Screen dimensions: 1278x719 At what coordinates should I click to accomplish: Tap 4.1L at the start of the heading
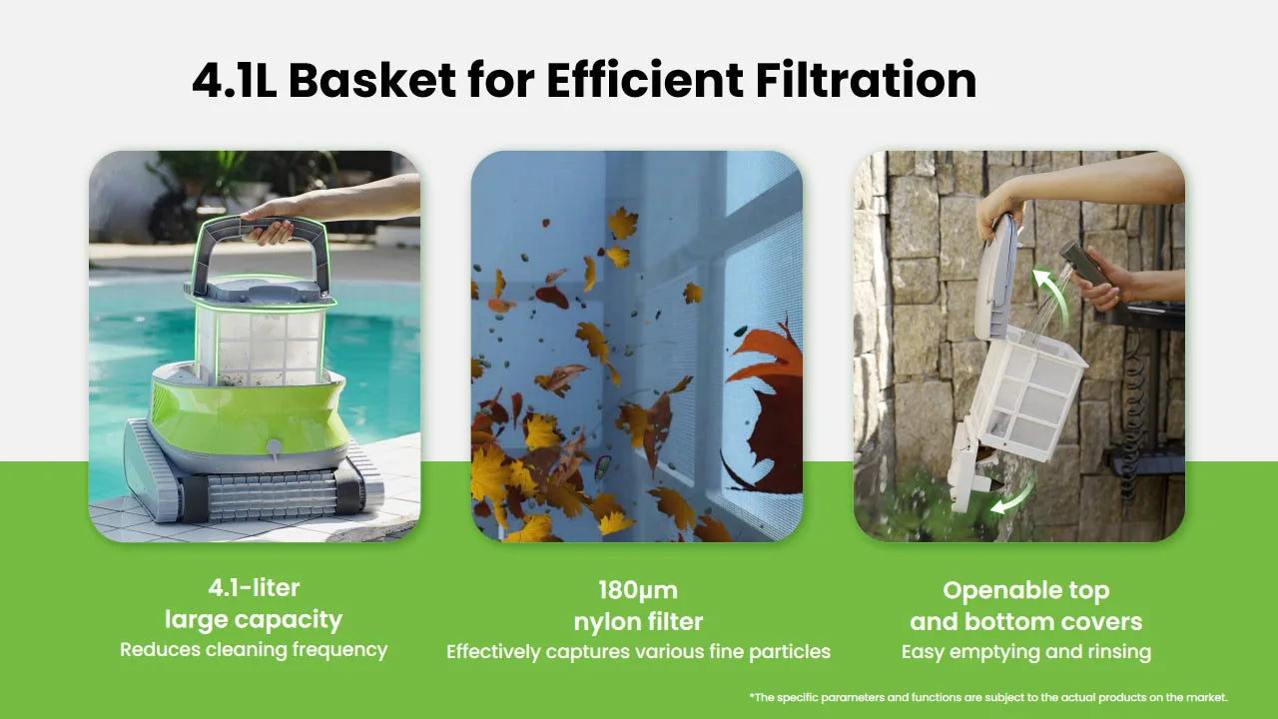(x=235, y=80)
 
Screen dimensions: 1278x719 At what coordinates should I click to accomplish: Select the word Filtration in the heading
(x=866, y=80)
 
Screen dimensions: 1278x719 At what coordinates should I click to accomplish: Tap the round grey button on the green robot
(x=274, y=446)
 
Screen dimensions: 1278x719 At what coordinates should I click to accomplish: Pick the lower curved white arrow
(x=1013, y=497)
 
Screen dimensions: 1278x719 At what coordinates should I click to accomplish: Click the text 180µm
(x=638, y=590)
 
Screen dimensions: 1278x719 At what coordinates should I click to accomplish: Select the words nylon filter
(x=638, y=622)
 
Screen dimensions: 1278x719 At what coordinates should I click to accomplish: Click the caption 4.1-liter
(x=254, y=588)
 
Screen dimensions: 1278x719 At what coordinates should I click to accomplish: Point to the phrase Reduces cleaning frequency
(x=254, y=650)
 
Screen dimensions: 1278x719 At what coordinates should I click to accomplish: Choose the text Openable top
(x=1025, y=590)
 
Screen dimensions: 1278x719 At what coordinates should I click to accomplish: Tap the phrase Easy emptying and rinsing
(x=1025, y=652)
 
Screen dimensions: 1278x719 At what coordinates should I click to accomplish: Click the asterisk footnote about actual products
(x=988, y=697)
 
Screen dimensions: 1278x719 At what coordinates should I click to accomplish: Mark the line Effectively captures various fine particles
(x=638, y=652)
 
